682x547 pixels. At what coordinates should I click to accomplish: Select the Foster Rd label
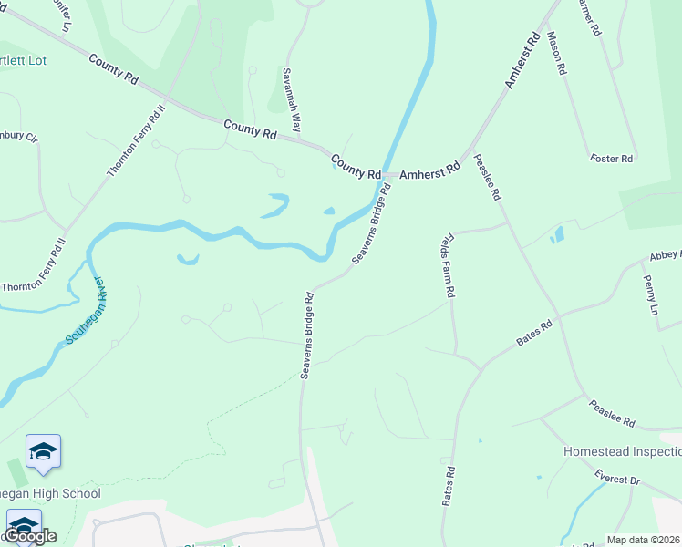[x=611, y=159]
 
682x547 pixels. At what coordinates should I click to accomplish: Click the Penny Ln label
[x=650, y=295]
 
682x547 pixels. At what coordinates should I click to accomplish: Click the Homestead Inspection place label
[x=622, y=452]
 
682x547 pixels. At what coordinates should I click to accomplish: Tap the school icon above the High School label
[x=43, y=451]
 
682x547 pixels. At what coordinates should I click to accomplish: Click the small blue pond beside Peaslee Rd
[x=558, y=235]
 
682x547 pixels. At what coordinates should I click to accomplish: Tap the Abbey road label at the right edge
[x=665, y=258]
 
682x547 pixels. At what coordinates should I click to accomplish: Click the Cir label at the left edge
[x=18, y=137]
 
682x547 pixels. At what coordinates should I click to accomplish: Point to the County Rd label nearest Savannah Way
[x=249, y=129]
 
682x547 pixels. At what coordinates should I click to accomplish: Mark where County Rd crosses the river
[x=386, y=173]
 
